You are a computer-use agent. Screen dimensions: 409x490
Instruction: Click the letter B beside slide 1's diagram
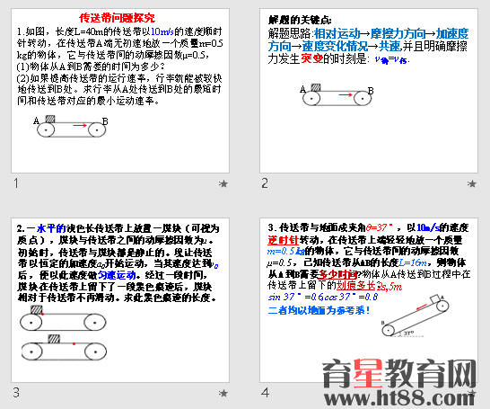click(x=105, y=120)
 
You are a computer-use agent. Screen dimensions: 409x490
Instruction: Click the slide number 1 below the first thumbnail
click(x=15, y=183)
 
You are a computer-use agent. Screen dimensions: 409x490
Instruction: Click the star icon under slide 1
click(x=222, y=183)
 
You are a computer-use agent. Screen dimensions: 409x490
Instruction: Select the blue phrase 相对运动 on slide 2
click(x=326, y=32)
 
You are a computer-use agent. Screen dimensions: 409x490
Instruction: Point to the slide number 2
click(x=265, y=183)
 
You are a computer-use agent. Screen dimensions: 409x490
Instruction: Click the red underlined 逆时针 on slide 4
click(x=283, y=240)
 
